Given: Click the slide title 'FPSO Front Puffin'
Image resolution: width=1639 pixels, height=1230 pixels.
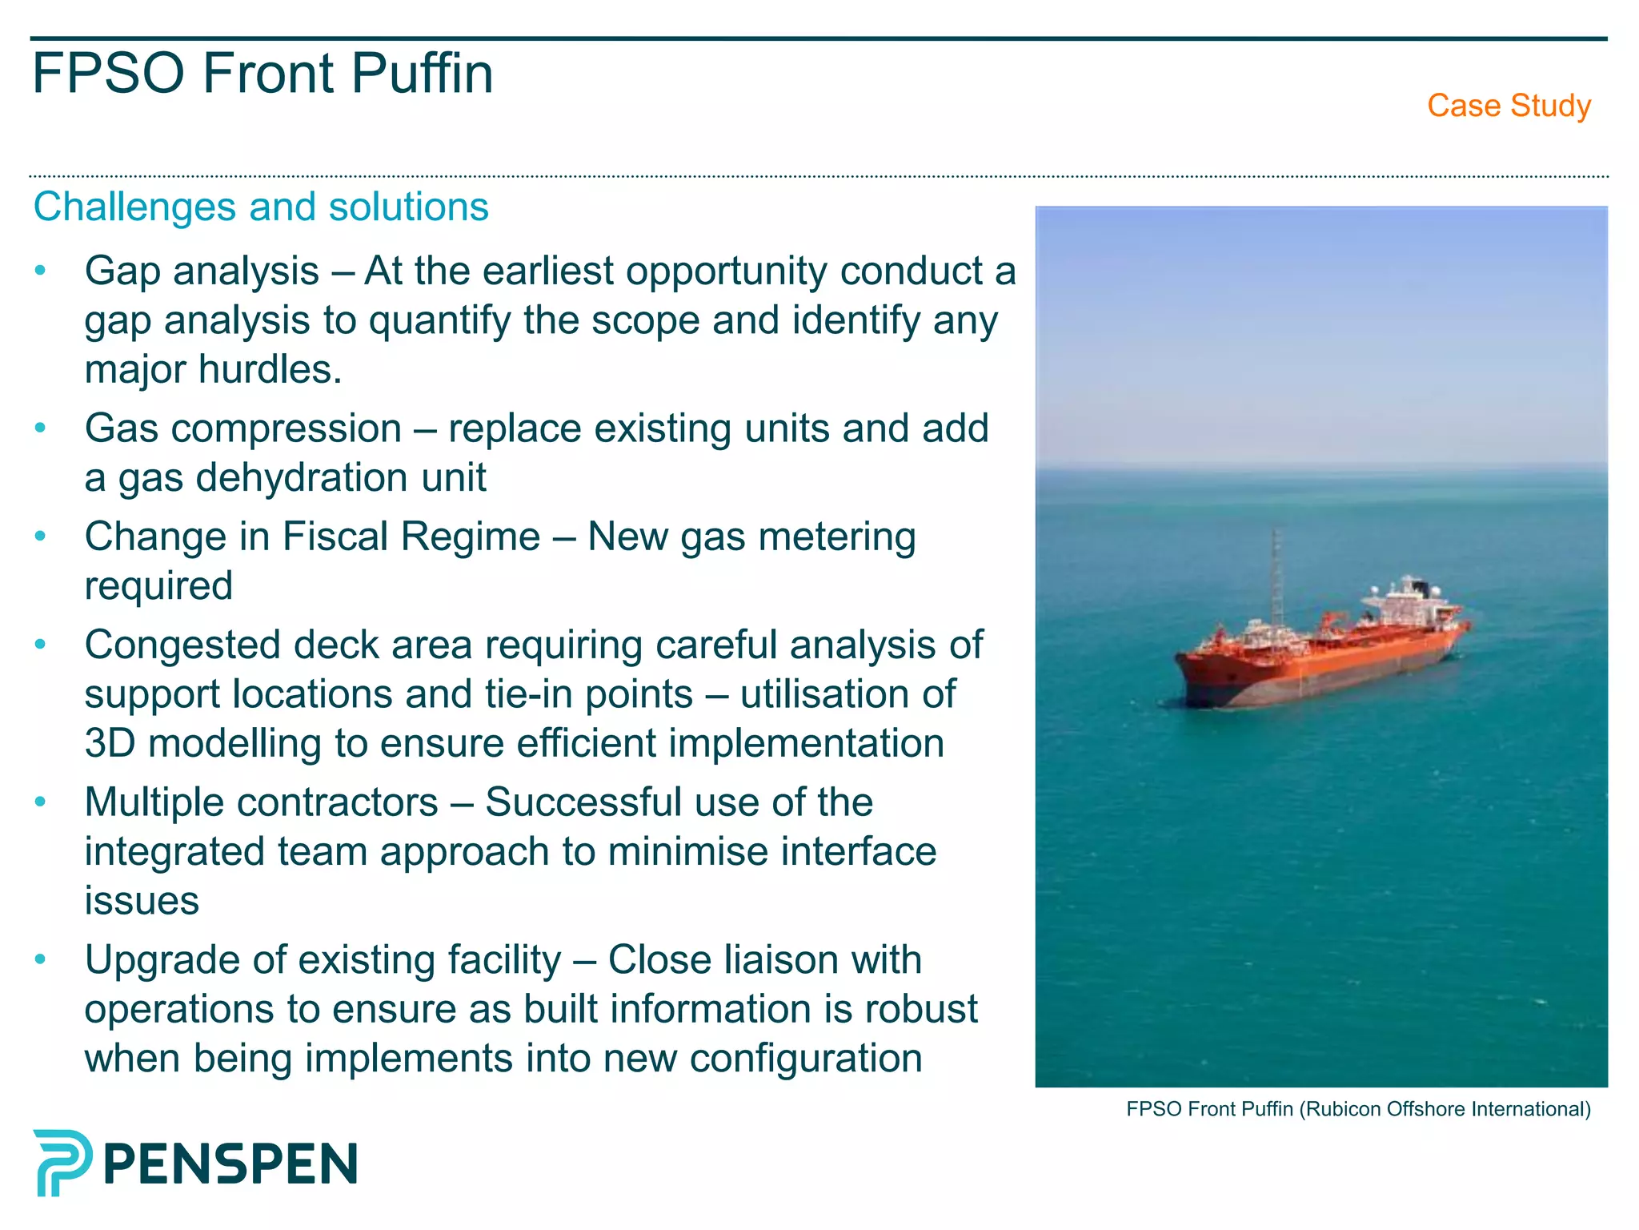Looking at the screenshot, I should click(262, 74).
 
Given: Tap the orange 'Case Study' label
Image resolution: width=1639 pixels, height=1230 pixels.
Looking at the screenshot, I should click(1509, 106).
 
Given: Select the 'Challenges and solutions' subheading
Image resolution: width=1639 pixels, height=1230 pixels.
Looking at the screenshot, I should click(261, 207).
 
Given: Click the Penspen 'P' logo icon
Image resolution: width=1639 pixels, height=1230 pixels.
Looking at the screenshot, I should click(62, 1163).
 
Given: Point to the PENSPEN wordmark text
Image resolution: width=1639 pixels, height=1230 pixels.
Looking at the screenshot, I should click(230, 1164).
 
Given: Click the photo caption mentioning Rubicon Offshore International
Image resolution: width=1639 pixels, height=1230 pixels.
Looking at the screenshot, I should click(1358, 1109).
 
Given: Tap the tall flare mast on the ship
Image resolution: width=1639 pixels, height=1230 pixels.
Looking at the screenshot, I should click(1276, 577).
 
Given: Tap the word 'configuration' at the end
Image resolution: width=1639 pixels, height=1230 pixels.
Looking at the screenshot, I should click(806, 1059).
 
